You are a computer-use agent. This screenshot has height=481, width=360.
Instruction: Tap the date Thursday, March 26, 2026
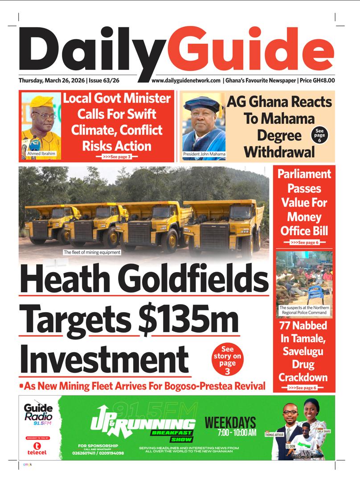tap(51, 81)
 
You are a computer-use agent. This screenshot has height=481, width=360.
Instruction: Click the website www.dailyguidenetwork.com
tap(186, 81)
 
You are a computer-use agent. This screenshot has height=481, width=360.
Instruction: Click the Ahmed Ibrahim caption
tap(41, 154)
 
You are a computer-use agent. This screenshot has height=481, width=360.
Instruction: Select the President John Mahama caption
tap(204, 154)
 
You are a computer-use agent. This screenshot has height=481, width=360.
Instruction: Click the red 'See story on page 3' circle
tap(228, 360)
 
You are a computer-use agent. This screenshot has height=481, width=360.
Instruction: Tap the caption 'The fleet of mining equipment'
tap(92, 253)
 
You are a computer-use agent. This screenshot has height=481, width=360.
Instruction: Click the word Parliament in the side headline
tap(304, 174)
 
